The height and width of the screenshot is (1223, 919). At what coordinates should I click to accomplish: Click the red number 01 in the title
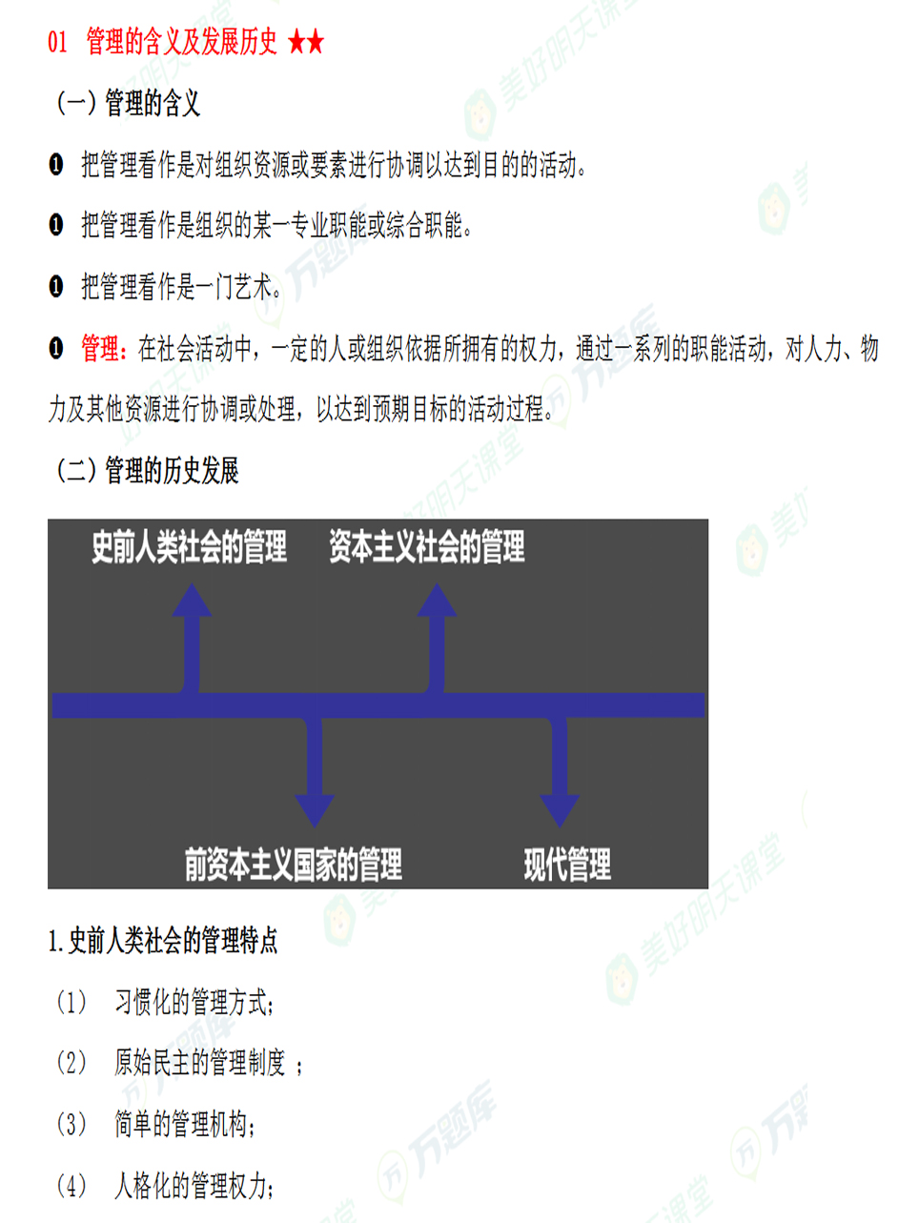pos(57,42)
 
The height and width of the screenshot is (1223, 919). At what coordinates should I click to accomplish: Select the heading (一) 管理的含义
pos(128,103)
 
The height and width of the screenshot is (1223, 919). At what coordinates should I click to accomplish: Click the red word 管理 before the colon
pos(100,348)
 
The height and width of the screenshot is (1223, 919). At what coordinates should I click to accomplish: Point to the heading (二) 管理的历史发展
pos(147,470)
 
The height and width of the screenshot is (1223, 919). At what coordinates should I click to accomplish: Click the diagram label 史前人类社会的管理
pos(190,546)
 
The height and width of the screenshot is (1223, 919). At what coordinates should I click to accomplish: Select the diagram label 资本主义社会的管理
pos(427,546)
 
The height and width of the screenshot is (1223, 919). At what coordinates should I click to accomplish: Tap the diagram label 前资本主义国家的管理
pos(294,865)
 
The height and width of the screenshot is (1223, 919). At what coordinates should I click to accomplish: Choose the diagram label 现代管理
pos(567,865)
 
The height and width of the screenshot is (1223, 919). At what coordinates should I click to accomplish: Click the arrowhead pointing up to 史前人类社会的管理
pos(192,601)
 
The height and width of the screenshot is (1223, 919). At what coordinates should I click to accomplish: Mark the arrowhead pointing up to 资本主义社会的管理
pos(437,601)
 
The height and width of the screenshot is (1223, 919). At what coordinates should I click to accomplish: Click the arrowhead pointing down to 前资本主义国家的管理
pos(315,810)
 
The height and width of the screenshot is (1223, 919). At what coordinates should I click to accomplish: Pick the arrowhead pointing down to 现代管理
pos(560,810)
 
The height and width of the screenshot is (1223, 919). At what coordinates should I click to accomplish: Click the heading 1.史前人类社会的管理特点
pos(163,942)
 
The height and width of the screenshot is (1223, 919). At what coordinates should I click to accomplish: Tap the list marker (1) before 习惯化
pos(71,1002)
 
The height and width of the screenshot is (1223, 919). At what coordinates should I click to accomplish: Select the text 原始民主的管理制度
pos(200,1063)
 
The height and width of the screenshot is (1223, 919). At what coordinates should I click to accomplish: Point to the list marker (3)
pos(71,1124)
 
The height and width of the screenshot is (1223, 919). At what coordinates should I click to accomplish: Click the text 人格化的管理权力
pos(191,1185)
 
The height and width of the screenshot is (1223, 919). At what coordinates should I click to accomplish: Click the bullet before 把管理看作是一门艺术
pos(55,287)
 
